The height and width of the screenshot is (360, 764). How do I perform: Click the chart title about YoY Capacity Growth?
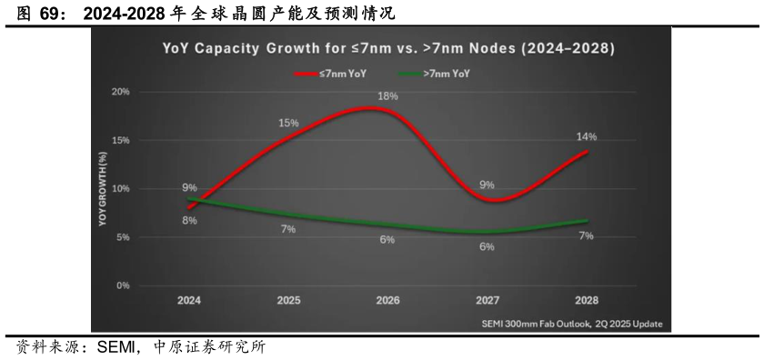[381, 48]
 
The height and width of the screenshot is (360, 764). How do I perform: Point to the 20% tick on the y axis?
[121, 92]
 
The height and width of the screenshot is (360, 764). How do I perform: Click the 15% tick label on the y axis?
[121, 140]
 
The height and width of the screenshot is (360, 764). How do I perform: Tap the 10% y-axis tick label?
[121, 188]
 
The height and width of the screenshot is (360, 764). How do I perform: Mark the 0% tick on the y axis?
[123, 285]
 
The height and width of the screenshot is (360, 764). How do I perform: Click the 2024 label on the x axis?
[189, 299]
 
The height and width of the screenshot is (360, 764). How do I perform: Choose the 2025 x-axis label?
[288, 299]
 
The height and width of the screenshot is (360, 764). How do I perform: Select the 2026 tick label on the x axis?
[387, 299]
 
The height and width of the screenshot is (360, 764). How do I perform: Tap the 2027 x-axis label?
[487, 299]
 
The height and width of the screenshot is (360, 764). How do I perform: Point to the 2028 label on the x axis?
[586, 299]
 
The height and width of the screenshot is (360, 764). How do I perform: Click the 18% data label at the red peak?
[387, 95]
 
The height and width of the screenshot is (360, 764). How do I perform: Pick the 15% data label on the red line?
[288, 123]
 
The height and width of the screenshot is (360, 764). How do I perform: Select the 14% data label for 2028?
[586, 136]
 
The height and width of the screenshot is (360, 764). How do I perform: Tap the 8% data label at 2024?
[189, 220]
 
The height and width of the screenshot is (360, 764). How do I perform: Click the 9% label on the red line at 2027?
[487, 185]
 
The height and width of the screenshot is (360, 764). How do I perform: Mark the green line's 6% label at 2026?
[387, 240]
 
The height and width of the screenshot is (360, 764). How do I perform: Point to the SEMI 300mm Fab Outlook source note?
[571, 324]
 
